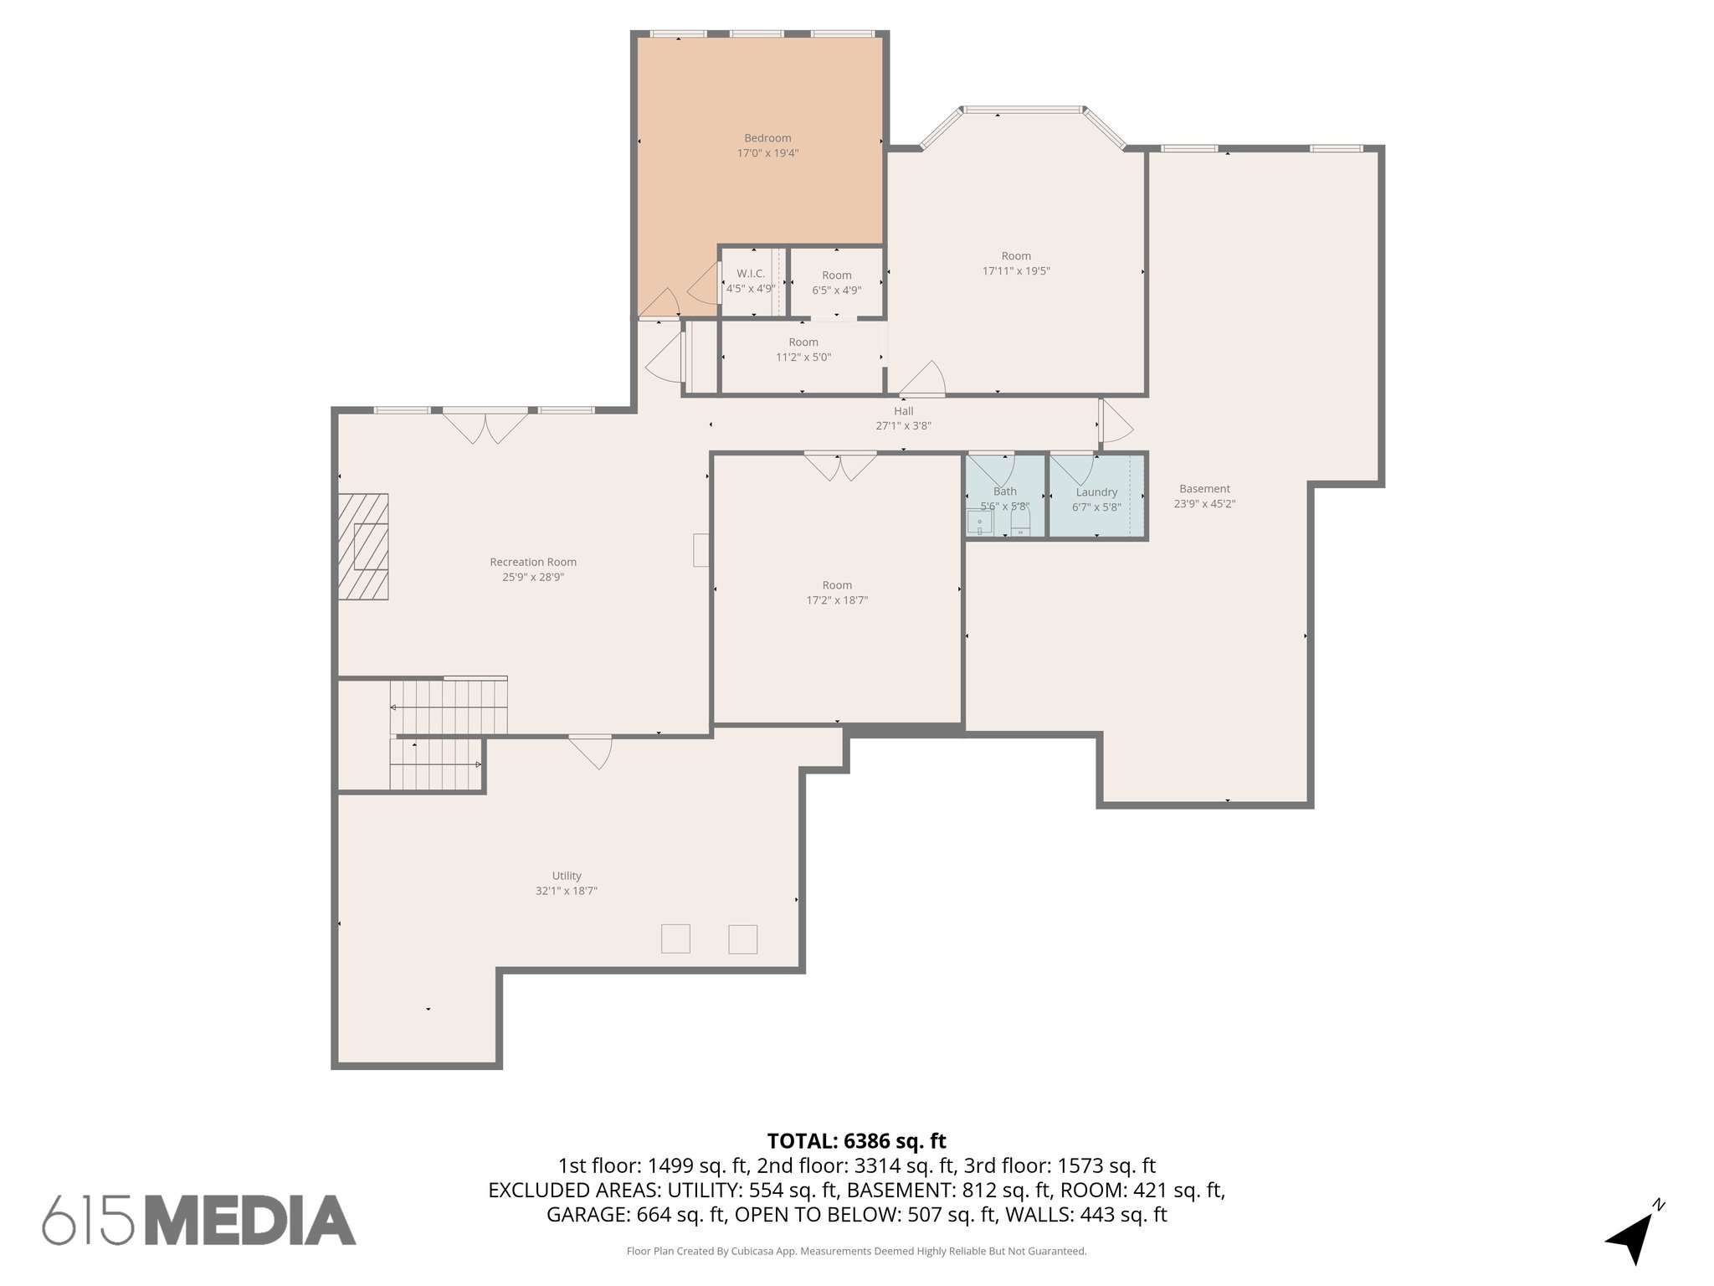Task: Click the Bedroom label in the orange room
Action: pos(767,138)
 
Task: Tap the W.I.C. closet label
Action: pos(751,274)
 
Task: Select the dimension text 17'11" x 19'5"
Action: pos(1016,271)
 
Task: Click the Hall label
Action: pos(903,411)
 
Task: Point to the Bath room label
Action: pos(1004,491)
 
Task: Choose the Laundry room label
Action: pos(1096,492)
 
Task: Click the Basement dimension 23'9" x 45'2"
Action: pos(1204,504)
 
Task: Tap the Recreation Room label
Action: pos(533,562)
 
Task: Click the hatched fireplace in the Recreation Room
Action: pos(363,547)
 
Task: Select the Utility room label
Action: pos(567,876)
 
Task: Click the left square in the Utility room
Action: pos(675,939)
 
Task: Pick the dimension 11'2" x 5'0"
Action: pos(803,358)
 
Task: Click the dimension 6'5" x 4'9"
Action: pos(836,291)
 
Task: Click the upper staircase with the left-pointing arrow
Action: pos(449,707)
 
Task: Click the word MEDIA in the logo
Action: pos(251,1221)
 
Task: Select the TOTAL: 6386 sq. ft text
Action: pos(856,1141)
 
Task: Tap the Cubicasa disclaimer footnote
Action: pos(856,1252)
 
